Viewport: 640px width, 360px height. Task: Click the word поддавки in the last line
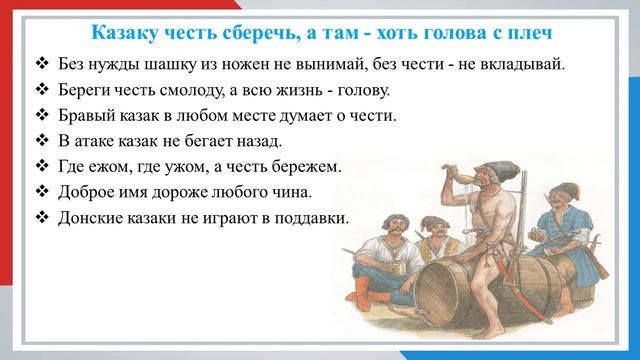click(310, 217)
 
